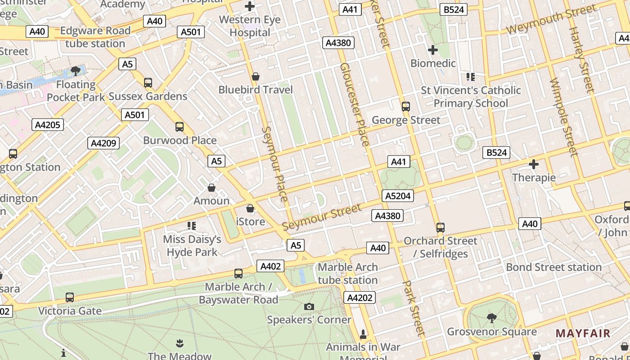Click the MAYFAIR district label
(x=583, y=333)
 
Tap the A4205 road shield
(x=47, y=125)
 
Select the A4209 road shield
(x=103, y=143)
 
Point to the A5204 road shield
(x=397, y=196)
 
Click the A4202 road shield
(x=359, y=297)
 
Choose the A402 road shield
(x=271, y=266)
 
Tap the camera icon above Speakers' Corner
(x=309, y=306)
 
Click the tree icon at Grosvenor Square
(x=491, y=318)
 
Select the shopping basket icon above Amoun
(x=211, y=187)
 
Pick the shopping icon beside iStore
(x=250, y=208)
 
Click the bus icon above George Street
(x=406, y=107)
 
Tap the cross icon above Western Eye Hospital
(x=250, y=6)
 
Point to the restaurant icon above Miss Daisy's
(x=192, y=225)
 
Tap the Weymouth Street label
(x=551, y=19)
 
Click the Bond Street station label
(x=553, y=267)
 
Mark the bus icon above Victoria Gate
(x=69, y=297)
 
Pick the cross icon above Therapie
(x=534, y=164)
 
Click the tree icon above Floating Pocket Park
(x=76, y=71)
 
